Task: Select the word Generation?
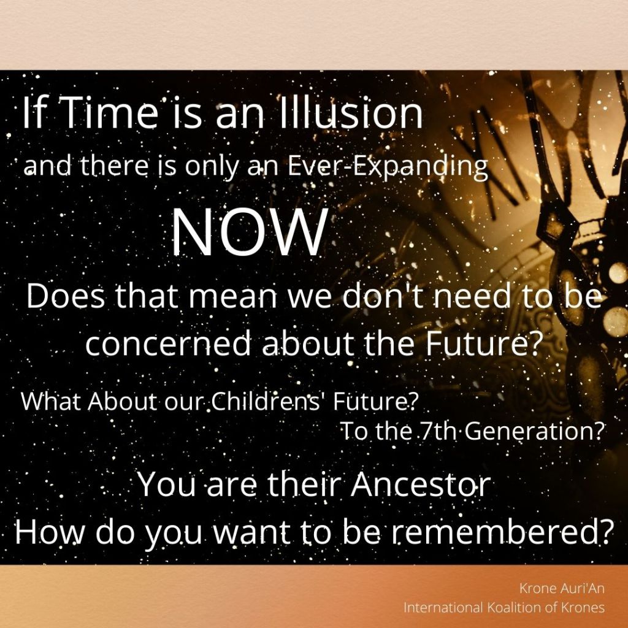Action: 535,431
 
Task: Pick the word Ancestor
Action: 421,484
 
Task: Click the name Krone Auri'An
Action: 562,588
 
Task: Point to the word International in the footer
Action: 443,607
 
